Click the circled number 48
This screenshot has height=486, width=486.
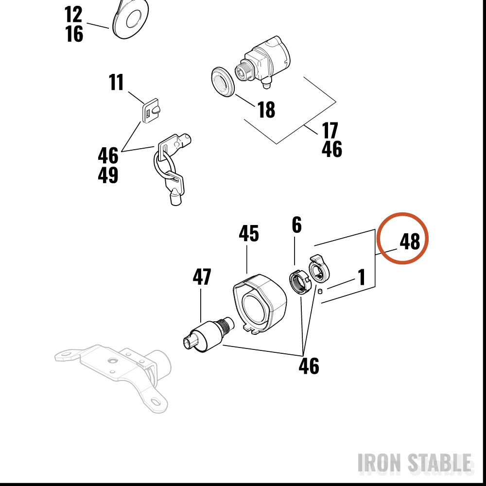pyautogui.click(x=410, y=242)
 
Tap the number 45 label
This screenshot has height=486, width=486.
pyautogui.click(x=248, y=234)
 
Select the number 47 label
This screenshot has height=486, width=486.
pyautogui.click(x=202, y=277)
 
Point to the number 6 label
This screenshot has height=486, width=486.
pyautogui.click(x=296, y=225)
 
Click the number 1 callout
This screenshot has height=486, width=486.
pyautogui.click(x=362, y=277)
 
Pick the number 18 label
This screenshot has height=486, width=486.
pyautogui.click(x=266, y=109)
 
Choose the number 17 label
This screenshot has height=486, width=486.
pyautogui.click(x=330, y=130)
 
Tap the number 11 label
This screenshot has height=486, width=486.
pyautogui.click(x=116, y=82)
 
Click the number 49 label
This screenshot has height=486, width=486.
pyautogui.click(x=108, y=175)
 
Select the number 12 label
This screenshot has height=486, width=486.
pyautogui.click(x=73, y=14)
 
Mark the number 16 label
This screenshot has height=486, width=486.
pyautogui.click(x=74, y=34)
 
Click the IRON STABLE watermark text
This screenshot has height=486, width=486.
pyautogui.click(x=415, y=463)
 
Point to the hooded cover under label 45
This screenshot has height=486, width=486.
pyautogui.click(x=260, y=304)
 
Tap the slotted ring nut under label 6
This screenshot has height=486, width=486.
pyautogui.click(x=299, y=282)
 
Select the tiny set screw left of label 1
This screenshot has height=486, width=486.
pyautogui.click(x=320, y=291)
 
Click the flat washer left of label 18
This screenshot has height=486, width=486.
pyautogui.click(x=223, y=82)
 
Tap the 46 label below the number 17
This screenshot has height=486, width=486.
pyautogui.click(x=332, y=149)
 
